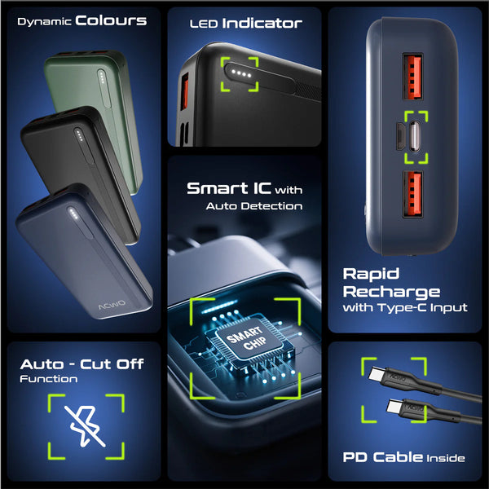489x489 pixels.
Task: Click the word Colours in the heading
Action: [x=111, y=20]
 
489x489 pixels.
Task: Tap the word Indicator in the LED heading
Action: [x=262, y=24]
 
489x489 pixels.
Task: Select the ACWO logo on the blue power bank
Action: [x=112, y=305]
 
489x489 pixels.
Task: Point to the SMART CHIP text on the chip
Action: [x=246, y=339]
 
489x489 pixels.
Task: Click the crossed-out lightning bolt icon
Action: [x=86, y=426]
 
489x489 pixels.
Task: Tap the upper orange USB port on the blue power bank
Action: [x=412, y=77]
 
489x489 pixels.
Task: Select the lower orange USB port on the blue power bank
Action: [x=412, y=194]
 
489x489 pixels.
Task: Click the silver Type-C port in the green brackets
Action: [x=416, y=136]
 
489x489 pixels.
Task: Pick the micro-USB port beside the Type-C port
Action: [x=400, y=136]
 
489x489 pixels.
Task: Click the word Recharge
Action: [x=391, y=292]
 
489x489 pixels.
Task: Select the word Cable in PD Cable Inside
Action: [x=398, y=457]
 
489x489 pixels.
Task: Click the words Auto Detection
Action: [x=254, y=206]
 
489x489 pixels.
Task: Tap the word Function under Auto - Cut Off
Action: [x=49, y=379]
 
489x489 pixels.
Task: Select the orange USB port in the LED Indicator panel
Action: [x=185, y=91]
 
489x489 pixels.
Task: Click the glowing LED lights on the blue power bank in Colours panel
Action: [x=73, y=214]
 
